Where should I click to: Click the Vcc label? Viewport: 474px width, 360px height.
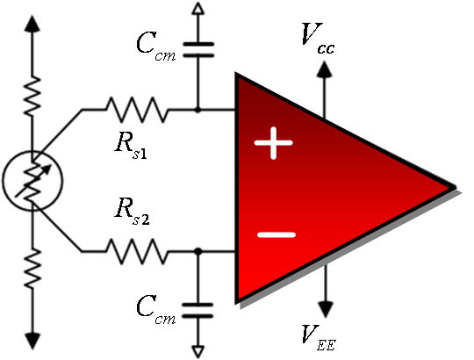(x=318, y=38)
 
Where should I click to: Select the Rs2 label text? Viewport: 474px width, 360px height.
(x=132, y=212)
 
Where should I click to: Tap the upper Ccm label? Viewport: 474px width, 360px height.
(x=155, y=47)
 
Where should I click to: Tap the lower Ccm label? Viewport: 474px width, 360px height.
(x=155, y=310)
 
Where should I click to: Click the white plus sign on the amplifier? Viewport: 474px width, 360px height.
(x=274, y=143)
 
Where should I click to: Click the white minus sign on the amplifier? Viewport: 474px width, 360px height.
(x=276, y=234)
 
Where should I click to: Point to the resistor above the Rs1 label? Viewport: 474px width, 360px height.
(x=137, y=110)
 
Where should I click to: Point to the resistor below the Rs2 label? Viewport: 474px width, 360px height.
(x=137, y=251)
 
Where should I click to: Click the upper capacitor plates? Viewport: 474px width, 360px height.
(x=198, y=50)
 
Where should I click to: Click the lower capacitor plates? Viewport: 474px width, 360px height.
(x=197, y=311)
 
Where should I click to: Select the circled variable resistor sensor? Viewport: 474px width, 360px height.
(x=32, y=181)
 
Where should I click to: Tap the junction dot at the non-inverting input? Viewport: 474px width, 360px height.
(x=197, y=110)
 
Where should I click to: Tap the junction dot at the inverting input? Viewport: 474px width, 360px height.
(x=198, y=251)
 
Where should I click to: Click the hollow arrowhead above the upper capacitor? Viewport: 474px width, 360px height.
(x=198, y=9)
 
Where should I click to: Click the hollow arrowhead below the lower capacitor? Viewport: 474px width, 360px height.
(x=197, y=351)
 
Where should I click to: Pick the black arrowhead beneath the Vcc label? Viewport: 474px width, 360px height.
(x=325, y=68)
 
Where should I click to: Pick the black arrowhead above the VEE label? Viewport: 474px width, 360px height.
(x=326, y=309)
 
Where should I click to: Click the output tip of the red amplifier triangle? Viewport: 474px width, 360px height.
(x=455, y=188)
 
